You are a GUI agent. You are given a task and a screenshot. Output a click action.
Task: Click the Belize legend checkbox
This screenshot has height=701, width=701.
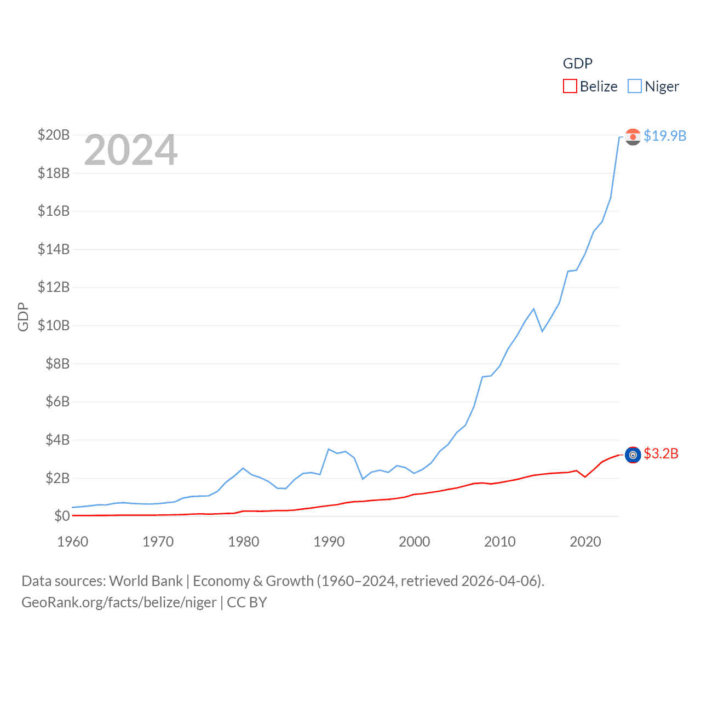pos(570,87)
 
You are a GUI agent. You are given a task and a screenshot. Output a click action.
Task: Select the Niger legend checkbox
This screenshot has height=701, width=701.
pos(635,87)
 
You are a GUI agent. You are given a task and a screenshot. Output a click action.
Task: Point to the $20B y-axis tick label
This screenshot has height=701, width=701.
pos(53,135)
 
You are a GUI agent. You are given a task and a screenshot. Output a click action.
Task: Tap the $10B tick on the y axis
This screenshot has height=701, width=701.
pos(53,325)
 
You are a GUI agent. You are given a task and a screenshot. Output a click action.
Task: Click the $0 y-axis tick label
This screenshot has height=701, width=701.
pos(61,516)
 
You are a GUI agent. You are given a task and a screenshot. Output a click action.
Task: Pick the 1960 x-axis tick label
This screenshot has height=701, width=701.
pos(72,542)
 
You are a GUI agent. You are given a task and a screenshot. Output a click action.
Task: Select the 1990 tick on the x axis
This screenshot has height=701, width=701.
pos(329,542)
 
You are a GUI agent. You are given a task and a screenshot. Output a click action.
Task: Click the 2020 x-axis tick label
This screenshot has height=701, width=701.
pos(585,542)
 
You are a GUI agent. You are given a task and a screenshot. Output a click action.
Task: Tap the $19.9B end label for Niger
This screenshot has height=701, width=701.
pos(664,136)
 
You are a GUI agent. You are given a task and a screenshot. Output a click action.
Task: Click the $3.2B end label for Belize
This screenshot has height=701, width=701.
pos(660,454)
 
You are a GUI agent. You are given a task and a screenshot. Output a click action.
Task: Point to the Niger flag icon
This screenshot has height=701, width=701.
pos(633,137)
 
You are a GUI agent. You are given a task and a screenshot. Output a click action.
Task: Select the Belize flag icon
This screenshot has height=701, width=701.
pos(633,455)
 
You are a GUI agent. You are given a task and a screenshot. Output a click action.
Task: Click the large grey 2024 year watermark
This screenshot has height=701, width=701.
pos(131,150)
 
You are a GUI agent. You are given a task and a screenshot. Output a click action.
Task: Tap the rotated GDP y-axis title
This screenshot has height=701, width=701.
pos(23,317)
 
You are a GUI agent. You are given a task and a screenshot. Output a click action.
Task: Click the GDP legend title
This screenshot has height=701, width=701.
pos(577,64)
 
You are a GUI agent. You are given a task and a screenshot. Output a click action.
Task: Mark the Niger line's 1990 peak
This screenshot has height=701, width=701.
pos(329,449)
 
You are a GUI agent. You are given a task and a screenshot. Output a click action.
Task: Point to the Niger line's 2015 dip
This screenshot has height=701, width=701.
pos(542,331)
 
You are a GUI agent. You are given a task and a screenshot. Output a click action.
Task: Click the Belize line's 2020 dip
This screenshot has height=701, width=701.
pos(585,477)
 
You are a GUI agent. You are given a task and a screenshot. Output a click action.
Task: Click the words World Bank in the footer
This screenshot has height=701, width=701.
pos(146,581)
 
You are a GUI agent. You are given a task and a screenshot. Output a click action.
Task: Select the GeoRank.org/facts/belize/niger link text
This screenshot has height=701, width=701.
pos(119,602)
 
